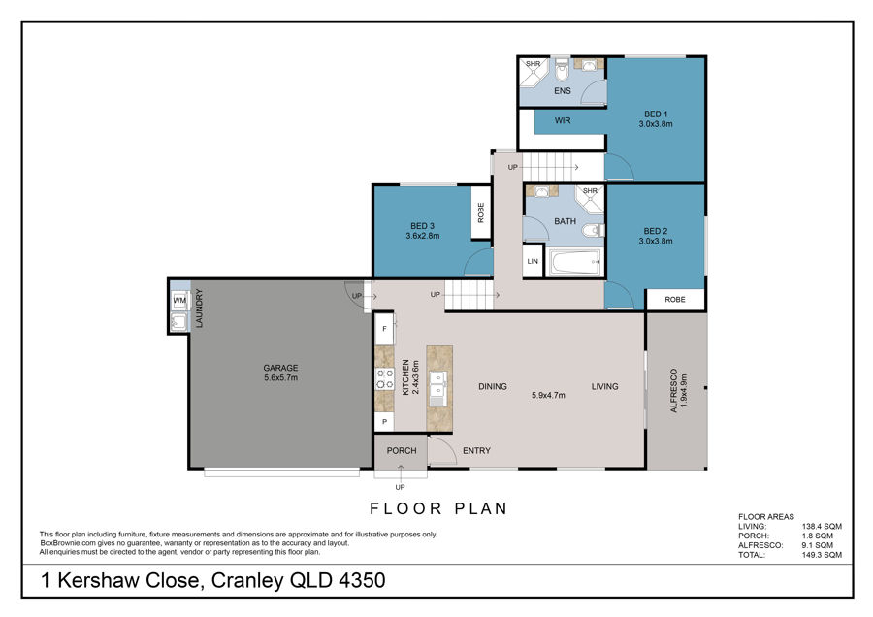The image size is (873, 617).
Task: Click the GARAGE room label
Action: pos(280,368)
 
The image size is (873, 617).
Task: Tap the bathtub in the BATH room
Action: pos(575,262)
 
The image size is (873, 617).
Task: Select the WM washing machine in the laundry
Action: pos(179,301)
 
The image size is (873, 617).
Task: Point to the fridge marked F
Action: pos(384,329)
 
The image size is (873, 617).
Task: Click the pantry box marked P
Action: pos(384,422)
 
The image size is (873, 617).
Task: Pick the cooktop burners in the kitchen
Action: pos(384,378)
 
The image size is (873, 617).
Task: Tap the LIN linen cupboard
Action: pos(533,261)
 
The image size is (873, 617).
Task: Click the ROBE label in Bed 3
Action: pos(481,212)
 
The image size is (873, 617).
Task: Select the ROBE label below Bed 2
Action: pos(675,300)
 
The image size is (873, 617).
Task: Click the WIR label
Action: pos(563,120)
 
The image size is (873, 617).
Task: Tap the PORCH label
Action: pos(402,450)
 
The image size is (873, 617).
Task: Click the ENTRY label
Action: pos(476,450)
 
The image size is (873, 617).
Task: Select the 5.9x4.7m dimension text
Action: pos(548,396)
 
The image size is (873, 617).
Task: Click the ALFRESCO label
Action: pos(674,390)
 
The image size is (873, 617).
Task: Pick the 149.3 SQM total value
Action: pos(822,555)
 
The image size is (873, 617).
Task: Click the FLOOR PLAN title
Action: pos(438,508)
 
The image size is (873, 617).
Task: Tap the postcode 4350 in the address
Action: pos(362,580)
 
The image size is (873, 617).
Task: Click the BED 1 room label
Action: pos(656,114)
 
